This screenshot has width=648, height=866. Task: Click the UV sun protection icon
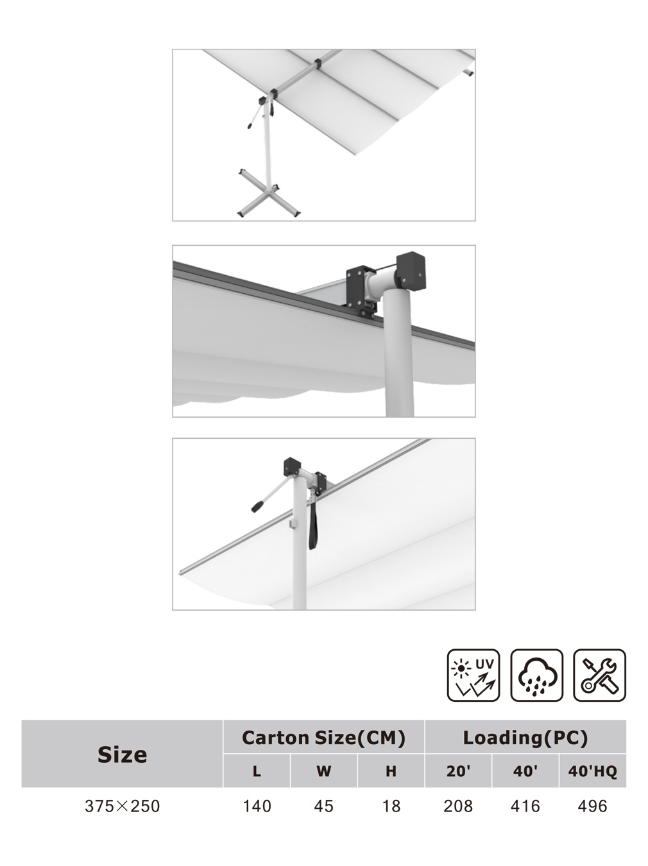tap(473, 675)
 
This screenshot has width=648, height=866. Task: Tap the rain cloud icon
tap(536, 675)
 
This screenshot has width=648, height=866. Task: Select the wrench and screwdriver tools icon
tap(599, 675)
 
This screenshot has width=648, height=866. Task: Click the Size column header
tap(123, 755)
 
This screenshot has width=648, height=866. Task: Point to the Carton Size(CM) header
tap(323, 738)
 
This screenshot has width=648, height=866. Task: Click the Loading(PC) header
tap(525, 738)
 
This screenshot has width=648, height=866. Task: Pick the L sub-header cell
tap(257, 771)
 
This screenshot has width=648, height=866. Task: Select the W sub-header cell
tap(324, 771)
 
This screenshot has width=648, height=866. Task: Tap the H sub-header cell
tap(391, 771)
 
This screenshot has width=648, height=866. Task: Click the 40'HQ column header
tap(592, 771)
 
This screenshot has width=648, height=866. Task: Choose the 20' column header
tap(458, 771)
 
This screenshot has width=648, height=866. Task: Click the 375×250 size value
tap(123, 806)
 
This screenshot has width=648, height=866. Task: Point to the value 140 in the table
tap(257, 806)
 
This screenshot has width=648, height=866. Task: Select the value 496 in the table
tap(592, 806)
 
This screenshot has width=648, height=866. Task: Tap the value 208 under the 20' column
tap(458, 806)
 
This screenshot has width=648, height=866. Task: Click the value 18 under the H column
tap(391, 806)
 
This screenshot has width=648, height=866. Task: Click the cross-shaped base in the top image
tap(268, 194)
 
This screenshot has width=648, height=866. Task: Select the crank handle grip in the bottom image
tap(258, 507)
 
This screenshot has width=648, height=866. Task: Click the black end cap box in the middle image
tap(411, 271)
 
